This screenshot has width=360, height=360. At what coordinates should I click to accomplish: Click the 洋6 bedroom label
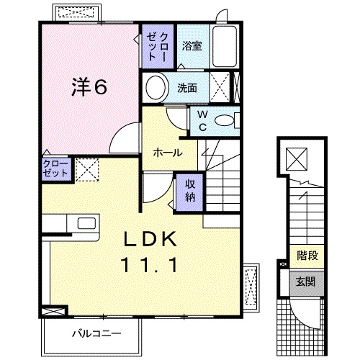(x=89, y=86)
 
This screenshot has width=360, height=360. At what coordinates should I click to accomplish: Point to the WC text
(x=203, y=121)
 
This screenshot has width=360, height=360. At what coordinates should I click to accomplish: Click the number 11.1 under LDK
(x=151, y=266)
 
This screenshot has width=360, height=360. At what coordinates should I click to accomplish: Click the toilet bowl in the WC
(x=225, y=121)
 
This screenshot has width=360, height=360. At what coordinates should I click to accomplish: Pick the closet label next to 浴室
(x=156, y=48)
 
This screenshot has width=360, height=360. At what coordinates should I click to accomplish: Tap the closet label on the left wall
(x=56, y=169)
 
